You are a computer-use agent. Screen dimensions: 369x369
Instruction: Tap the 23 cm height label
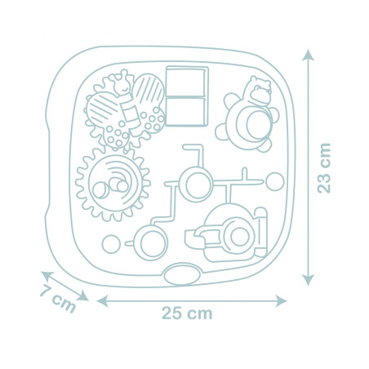[327, 167]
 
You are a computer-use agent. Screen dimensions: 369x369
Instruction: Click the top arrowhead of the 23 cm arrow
[309, 54]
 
